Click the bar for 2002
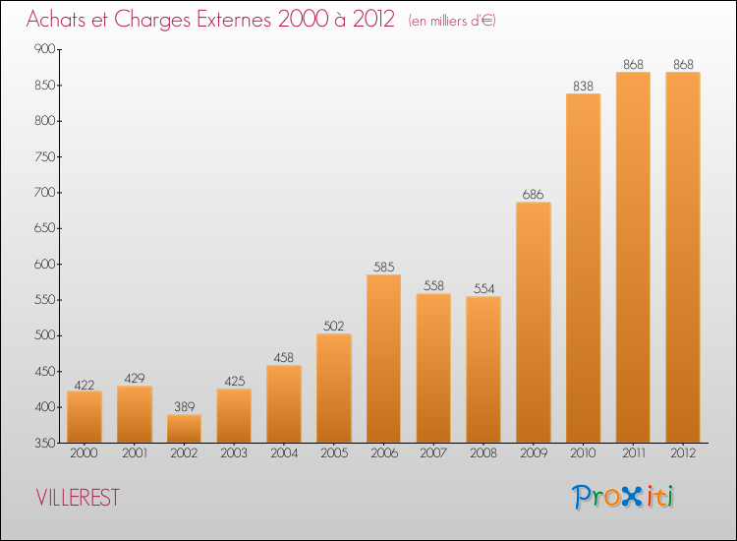[184, 429]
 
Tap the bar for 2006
[383, 359]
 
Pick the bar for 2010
[583, 268]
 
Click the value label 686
[534, 194]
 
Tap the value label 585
[383, 267]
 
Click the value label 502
[334, 326]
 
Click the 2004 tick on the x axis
[284, 454]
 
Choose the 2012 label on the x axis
[682, 454]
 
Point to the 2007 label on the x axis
[433, 454]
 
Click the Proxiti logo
[623, 497]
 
